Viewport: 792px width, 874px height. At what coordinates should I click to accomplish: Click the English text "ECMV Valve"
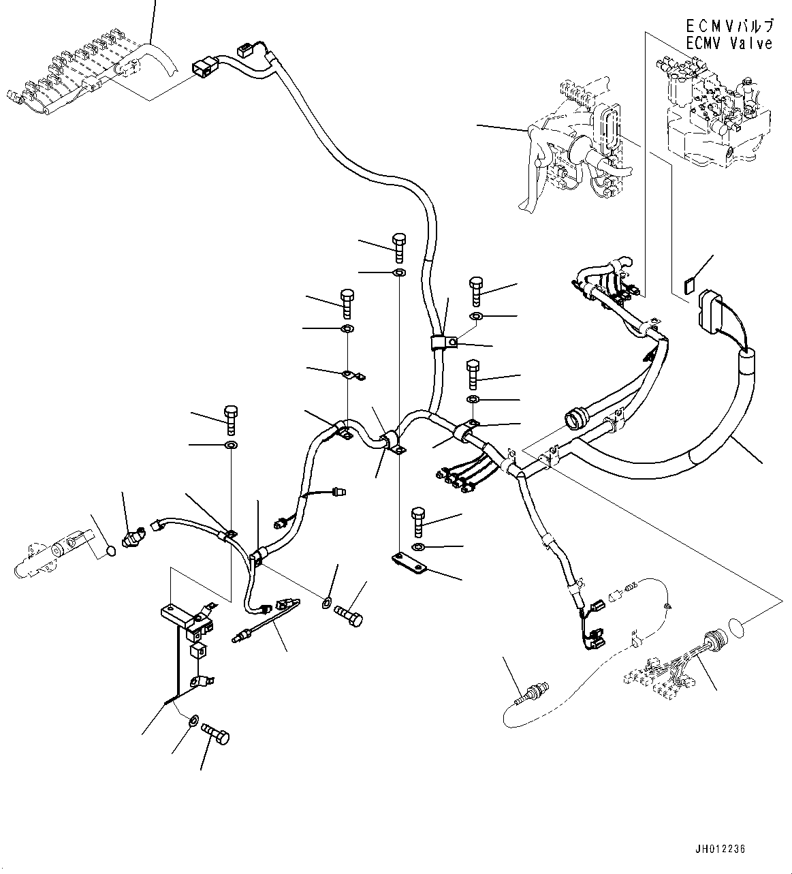coord(729,43)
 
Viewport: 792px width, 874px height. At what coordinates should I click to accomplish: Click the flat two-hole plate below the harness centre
coord(408,562)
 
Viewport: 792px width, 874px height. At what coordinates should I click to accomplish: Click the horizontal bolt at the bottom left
coord(217,736)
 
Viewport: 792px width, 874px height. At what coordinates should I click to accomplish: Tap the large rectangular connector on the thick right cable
coord(712,311)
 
